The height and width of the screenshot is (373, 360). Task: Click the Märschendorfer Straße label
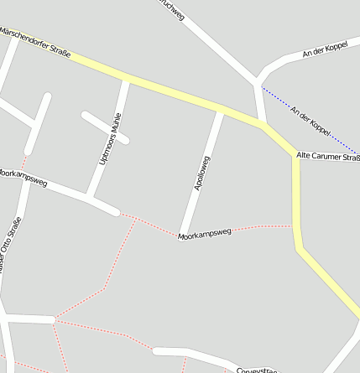35,43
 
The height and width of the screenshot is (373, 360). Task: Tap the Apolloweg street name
201,173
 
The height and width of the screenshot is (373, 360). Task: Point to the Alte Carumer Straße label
328,156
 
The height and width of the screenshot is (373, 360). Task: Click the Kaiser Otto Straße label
9,246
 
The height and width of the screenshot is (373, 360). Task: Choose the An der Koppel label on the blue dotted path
310,120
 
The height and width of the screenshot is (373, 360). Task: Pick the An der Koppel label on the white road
325,51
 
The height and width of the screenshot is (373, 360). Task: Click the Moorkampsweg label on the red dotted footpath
204,236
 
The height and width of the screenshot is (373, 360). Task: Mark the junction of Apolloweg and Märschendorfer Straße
222,111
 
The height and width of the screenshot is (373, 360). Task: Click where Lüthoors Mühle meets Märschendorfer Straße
127,81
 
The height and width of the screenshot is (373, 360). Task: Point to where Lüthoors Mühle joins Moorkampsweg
90,199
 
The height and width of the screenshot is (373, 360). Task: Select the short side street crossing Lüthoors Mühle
105,127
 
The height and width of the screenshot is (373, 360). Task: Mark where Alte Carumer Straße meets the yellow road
296,156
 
